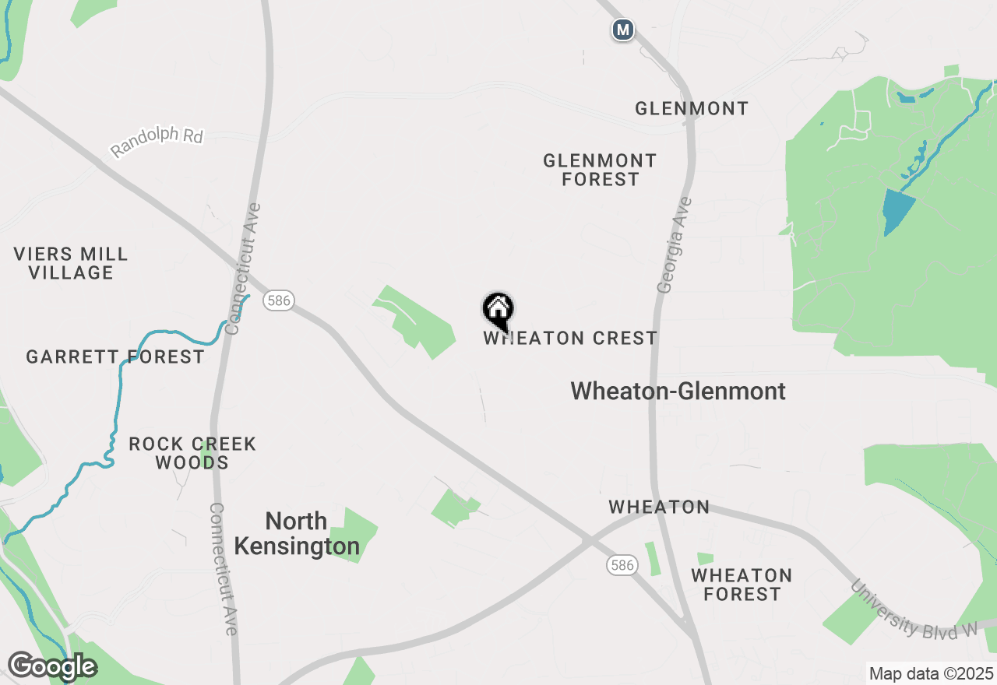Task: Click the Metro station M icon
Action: point(622,30)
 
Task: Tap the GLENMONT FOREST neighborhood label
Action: point(600,170)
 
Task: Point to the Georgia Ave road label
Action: point(675,245)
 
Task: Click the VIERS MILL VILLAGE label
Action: point(71,263)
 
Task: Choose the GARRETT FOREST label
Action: point(115,357)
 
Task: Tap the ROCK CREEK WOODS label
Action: point(192,453)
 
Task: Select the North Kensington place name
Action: point(297,534)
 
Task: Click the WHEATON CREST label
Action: point(570,339)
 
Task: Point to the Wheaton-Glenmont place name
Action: point(678,391)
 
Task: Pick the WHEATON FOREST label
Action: point(742,585)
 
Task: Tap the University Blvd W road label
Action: point(914,610)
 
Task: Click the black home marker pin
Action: point(498,311)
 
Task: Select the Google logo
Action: point(51,666)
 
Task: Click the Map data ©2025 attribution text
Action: point(931,673)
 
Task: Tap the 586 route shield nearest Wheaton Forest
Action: point(622,566)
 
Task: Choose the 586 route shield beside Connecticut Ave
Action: point(279,300)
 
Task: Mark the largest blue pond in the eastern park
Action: point(898,210)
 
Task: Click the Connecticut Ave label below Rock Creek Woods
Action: point(223,568)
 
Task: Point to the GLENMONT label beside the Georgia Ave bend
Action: point(692,108)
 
